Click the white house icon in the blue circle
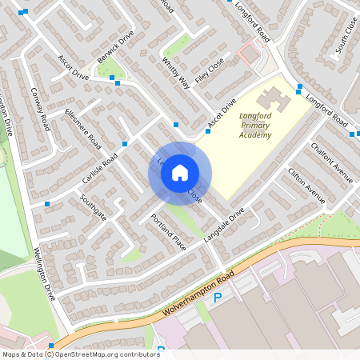(x=180, y=173)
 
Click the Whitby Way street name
(x=175, y=71)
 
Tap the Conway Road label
(x=41, y=110)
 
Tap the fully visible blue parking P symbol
(x=217, y=298)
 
